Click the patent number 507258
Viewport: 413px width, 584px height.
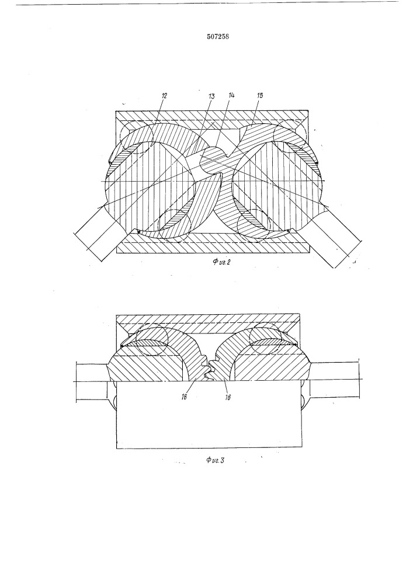click(217, 36)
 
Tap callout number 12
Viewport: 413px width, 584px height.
click(164, 95)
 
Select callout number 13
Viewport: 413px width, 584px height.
click(211, 96)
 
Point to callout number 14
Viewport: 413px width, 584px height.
click(231, 95)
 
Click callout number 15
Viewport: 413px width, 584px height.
click(259, 95)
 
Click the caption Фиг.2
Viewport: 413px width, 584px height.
click(222, 262)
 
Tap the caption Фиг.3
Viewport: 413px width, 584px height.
click(215, 460)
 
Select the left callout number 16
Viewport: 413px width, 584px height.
click(184, 397)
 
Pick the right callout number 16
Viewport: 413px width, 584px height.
click(228, 397)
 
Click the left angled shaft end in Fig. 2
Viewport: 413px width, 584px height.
click(99, 232)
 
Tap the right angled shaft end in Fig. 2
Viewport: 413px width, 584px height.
click(335, 238)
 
